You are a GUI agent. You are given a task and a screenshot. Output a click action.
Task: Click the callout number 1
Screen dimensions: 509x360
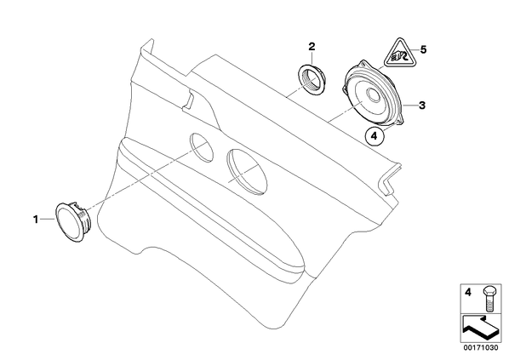click(36, 220)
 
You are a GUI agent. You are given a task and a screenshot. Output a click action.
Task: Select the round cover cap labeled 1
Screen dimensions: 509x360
click(73, 222)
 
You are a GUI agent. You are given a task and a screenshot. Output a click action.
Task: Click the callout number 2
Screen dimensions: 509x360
click(312, 47)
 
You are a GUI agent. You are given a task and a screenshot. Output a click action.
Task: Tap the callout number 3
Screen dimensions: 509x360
click(421, 106)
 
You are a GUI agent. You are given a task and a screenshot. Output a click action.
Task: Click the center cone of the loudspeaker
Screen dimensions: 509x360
click(374, 95)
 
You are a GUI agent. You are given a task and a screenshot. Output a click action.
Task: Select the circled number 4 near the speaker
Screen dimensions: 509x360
click(374, 136)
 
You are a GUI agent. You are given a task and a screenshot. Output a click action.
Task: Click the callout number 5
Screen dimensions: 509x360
click(423, 49)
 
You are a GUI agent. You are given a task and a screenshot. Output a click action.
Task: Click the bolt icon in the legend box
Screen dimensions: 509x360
click(489, 299)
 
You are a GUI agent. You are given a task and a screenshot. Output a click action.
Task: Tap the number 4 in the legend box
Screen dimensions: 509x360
click(468, 293)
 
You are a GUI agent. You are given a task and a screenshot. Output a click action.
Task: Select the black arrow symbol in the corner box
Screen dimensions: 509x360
click(481, 329)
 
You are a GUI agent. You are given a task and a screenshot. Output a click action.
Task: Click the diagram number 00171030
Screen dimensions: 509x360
click(480, 347)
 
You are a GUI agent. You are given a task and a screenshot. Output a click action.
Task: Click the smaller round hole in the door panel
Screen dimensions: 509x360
click(202, 147)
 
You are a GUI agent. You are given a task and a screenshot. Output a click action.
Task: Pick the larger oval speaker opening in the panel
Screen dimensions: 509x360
click(248, 172)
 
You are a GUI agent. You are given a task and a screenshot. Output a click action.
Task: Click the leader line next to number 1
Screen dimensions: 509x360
click(48, 220)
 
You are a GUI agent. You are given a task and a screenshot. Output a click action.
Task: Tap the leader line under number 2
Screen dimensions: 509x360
click(312, 58)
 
